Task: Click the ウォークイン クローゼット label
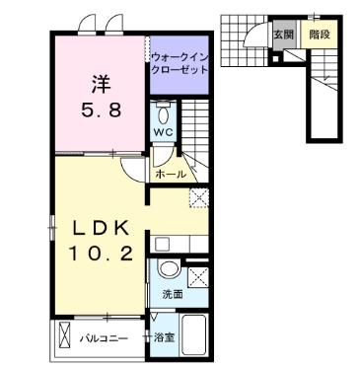(x=179, y=64)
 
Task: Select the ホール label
(x=170, y=173)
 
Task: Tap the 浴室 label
(x=164, y=338)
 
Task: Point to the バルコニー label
(x=104, y=338)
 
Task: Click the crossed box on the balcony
(x=66, y=337)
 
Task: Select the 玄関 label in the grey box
(x=283, y=34)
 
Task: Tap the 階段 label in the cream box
(x=317, y=34)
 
